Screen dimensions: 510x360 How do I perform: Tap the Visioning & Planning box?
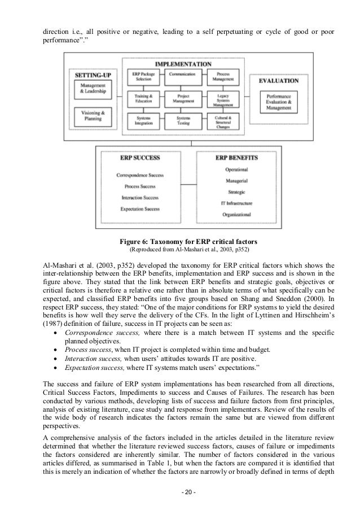coord(93,116)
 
